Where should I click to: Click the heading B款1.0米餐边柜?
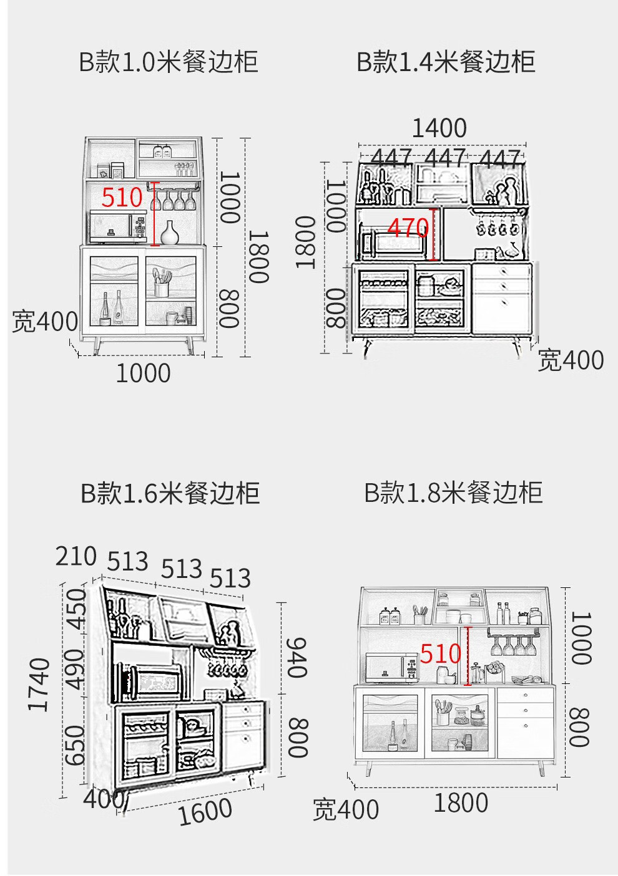click(168, 62)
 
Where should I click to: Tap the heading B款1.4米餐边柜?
click(446, 62)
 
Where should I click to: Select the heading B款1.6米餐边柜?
click(170, 493)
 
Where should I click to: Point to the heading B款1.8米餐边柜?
click(453, 493)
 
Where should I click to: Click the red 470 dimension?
click(408, 228)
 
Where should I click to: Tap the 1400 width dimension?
click(439, 128)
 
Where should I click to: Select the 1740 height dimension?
click(39, 684)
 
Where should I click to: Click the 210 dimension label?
click(76, 556)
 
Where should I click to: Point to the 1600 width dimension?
click(205, 811)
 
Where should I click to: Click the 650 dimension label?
click(75, 745)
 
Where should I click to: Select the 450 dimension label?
click(77, 609)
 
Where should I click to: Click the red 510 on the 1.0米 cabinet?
click(122, 198)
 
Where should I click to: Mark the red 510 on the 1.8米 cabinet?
click(441, 653)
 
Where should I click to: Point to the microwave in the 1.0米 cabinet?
click(117, 227)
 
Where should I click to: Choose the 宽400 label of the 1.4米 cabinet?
click(571, 360)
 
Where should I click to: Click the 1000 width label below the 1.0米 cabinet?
click(143, 373)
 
